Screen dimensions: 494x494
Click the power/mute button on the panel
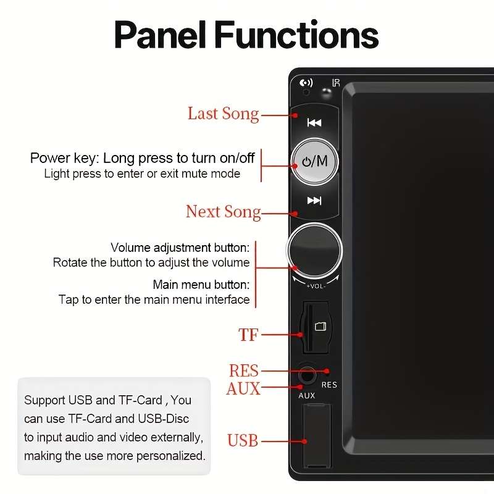[314, 162]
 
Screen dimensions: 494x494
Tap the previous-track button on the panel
[314, 122]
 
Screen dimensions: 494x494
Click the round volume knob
[314, 251]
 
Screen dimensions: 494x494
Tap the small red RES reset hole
[327, 372]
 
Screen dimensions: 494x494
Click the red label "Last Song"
[223, 114]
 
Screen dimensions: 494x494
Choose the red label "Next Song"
[223, 212]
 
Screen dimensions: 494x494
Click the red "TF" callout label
[248, 335]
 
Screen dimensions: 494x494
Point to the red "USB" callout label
[243, 441]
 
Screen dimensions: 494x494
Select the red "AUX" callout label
[243, 389]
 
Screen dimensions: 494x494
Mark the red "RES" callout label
[243, 371]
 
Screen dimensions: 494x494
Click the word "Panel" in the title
[162, 35]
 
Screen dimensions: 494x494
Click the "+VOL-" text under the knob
[315, 286]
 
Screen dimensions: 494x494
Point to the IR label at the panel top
[337, 83]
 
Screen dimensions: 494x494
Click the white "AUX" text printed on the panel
[306, 396]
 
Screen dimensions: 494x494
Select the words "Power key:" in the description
[64, 158]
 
